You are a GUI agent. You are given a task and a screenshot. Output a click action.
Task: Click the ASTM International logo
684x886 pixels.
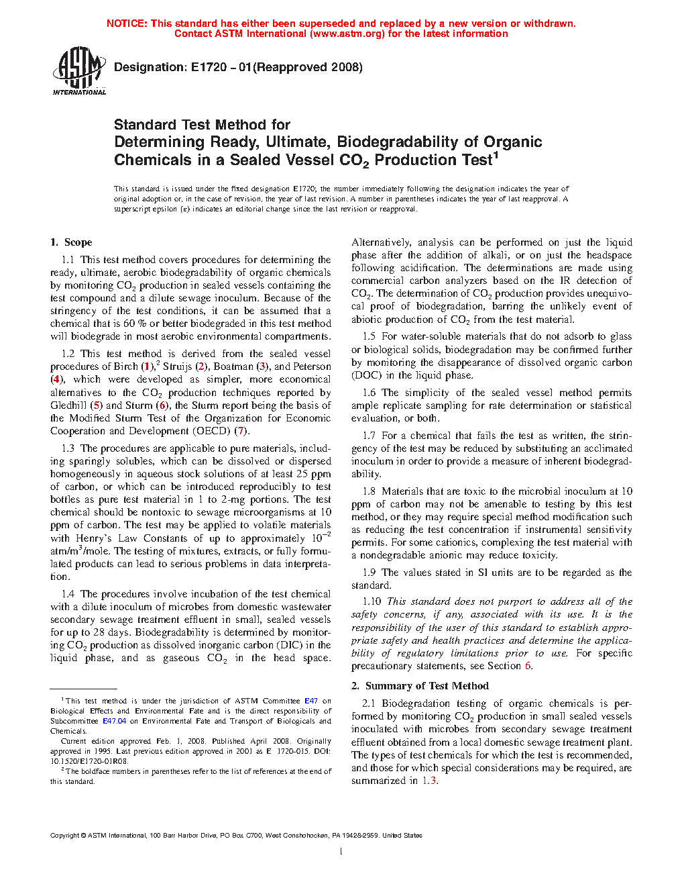coord(78,70)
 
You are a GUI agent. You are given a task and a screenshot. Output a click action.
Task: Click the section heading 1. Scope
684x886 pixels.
coord(71,242)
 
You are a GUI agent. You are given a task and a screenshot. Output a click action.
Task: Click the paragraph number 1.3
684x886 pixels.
coord(68,448)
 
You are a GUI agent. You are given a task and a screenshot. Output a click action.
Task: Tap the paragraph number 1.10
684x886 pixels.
coord(372,601)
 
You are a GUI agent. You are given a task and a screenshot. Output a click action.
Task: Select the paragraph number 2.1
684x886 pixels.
coord(369,703)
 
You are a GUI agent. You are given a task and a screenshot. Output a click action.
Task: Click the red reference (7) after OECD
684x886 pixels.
coord(241,431)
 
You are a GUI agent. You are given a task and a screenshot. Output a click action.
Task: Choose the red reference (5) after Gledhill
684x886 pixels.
coord(97,405)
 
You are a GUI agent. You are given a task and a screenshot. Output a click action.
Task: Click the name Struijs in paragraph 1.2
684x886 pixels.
coord(177,366)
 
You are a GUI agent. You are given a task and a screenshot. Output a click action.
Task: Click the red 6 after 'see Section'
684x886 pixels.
coord(528,666)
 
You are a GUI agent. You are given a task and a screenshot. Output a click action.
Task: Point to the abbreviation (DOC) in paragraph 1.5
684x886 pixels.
coord(366,375)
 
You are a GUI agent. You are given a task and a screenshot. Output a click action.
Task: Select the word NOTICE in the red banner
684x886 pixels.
coord(127,23)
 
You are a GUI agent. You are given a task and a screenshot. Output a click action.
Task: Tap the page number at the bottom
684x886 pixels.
coord(341,852)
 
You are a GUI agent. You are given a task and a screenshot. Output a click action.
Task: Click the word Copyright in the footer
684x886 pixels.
coord(64,836)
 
